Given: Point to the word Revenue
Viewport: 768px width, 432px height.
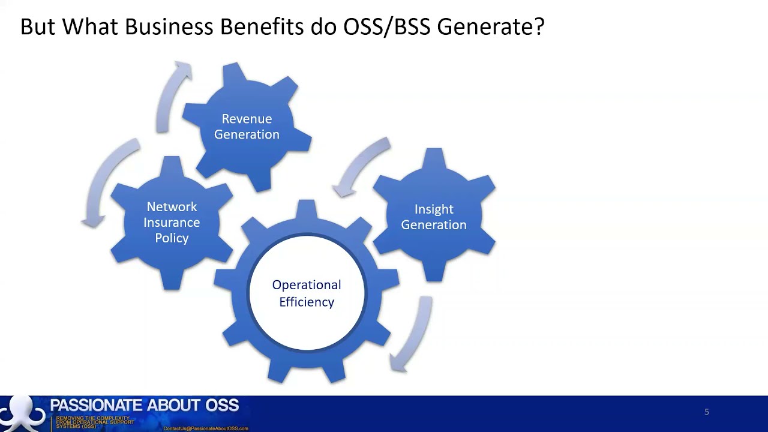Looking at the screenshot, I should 247,119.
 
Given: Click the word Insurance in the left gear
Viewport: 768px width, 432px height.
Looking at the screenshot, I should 172,223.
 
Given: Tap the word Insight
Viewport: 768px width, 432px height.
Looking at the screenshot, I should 434,209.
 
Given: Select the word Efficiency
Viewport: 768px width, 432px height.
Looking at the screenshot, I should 307,302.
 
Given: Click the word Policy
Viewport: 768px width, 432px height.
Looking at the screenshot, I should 172,238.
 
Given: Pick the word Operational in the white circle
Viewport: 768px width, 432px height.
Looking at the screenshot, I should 307,285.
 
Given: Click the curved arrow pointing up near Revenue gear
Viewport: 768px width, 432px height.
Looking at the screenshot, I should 173,96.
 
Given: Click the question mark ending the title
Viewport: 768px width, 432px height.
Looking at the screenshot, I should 538,27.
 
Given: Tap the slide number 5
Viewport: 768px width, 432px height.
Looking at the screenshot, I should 707,412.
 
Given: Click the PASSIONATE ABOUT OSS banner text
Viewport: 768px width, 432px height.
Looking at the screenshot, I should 144,406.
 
